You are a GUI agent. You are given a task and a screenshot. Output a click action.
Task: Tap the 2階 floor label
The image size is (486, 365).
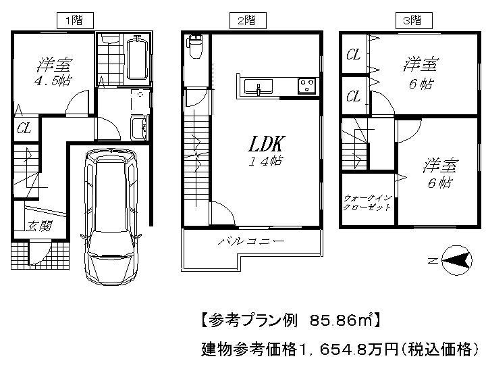(246, 21)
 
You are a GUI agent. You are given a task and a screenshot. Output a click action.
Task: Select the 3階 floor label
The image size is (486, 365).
(411, 21)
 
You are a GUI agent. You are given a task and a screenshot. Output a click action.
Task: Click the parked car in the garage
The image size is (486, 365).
(111, 216)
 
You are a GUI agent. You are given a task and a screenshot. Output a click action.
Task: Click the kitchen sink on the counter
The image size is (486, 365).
(258, 87)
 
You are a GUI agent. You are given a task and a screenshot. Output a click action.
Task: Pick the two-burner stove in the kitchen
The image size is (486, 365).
(307, 86)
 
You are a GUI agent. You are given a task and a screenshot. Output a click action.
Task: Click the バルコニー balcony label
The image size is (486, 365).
(250, 241)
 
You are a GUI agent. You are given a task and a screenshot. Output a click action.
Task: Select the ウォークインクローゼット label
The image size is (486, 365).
(367, 201)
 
